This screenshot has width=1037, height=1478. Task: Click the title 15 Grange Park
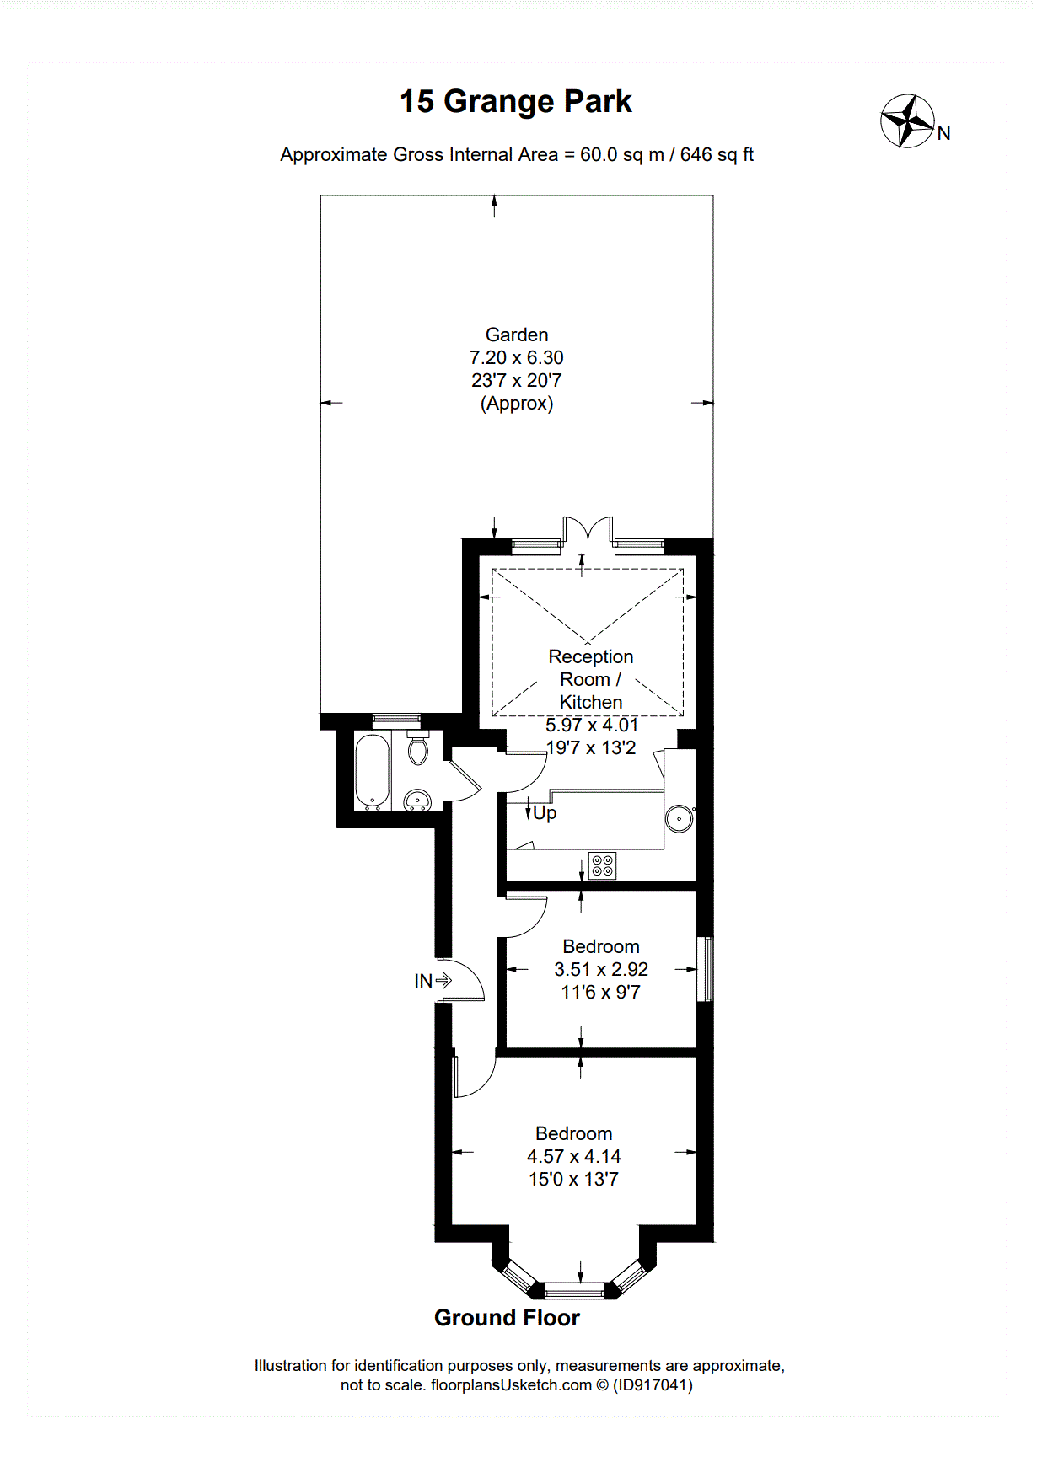tap(515, 102)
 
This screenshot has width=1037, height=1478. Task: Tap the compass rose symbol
tap(908, 121)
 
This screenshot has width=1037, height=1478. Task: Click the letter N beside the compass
tap(944, 133)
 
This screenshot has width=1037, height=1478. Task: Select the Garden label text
tap(517, 335)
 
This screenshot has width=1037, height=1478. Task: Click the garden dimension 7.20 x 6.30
tap(517, 357)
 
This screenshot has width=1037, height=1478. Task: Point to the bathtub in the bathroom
tap(372, 772)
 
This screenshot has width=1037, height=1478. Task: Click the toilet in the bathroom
tap(418, 747)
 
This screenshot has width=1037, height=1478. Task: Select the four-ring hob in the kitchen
tap(602, 865)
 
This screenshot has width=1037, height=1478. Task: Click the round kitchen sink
tap(679, 818)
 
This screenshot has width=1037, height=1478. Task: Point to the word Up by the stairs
tap(545, 813)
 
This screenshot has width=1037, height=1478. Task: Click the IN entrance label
tap(423, 981)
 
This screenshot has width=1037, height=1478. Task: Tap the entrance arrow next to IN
tap(443, 981)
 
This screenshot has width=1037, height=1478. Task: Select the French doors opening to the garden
tap(588, 531)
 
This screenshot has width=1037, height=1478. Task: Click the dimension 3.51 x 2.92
tap(601, 969)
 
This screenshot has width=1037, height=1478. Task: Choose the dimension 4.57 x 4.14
tap(574, 1156)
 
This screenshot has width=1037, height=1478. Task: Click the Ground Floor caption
tap(507, 1318)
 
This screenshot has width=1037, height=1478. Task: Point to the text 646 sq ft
tap(717, 155)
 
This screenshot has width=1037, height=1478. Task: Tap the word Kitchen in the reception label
tap(591, 702)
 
